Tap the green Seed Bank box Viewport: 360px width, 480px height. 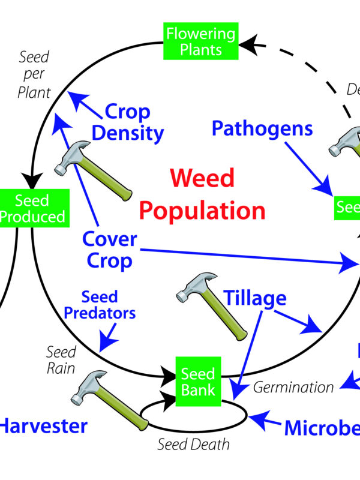tap(198, 382)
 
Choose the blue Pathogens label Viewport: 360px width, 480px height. tap(262, 127)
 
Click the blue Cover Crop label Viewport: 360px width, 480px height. tap(109, 250)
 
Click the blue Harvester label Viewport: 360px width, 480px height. tap(43, 427)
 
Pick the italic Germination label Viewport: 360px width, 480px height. tap(293, 387)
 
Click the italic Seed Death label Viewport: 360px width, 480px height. tap(193, 445)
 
